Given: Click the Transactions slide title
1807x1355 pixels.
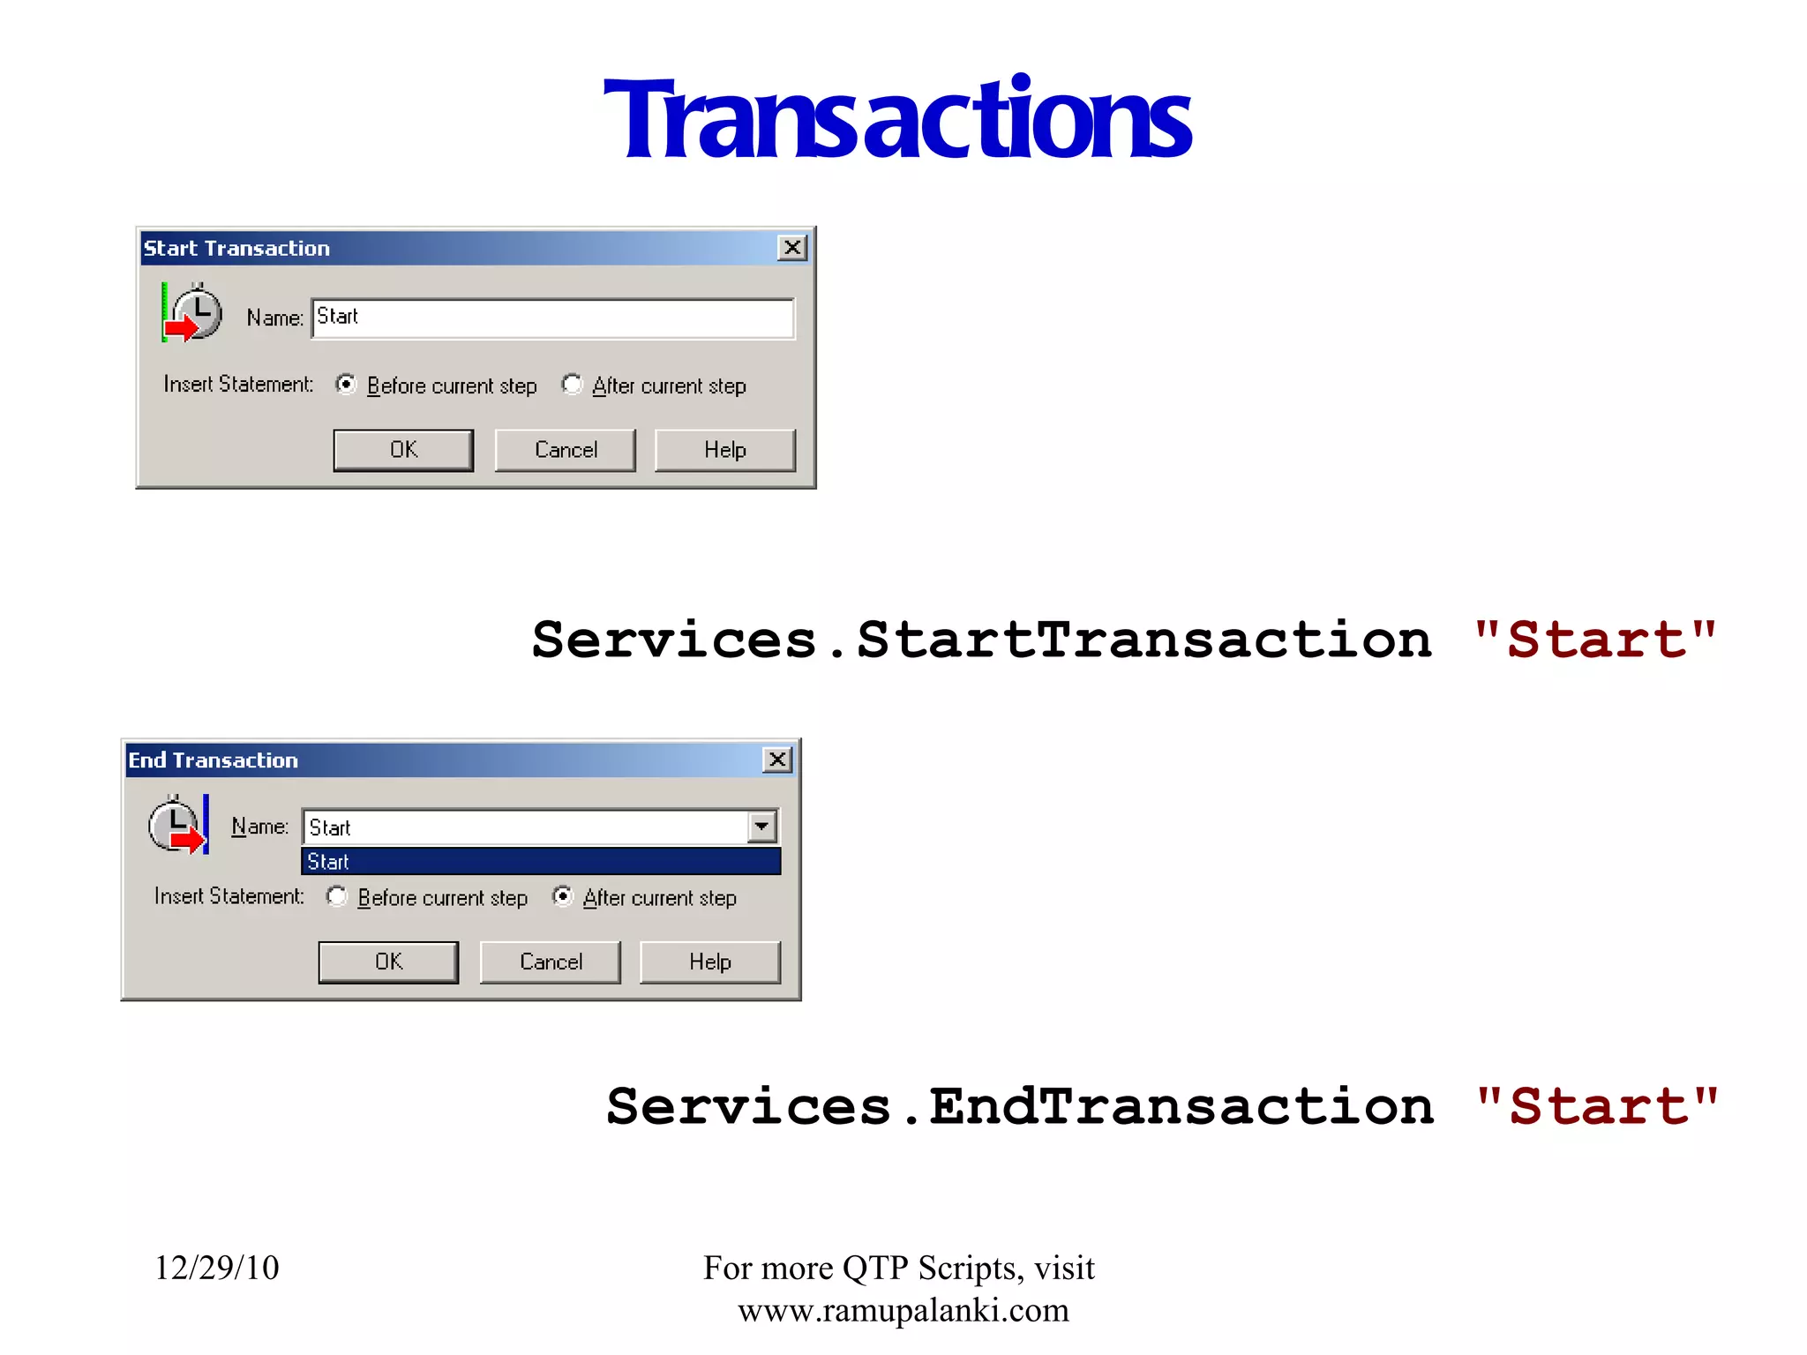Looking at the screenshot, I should tap(897, 119).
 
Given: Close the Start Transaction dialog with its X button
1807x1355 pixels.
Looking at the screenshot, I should tap(792, 248).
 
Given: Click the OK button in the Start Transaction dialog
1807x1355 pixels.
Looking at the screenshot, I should tap(403, 450).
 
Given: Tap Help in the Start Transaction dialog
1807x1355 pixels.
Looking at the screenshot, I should tap(724, 450).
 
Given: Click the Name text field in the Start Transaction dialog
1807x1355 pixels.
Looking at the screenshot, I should tap(553, 318).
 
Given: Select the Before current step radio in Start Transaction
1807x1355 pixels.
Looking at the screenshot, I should tap(346, 385).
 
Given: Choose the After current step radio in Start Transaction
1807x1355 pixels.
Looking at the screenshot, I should tap(573, 385).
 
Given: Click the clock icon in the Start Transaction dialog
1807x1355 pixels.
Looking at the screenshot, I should tap(193, 312).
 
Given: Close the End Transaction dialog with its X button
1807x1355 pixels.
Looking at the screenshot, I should tap(777, 760).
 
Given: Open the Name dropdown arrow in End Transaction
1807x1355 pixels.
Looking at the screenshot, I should tap(761, 827).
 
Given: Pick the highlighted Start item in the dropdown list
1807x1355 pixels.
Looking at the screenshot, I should tap(541, 862).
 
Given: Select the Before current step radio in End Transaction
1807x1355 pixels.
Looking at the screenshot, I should tap(337, 896).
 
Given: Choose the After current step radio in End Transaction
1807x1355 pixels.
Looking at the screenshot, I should tap(563, 896).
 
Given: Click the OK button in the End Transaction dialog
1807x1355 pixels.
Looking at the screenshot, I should tap(388, 962).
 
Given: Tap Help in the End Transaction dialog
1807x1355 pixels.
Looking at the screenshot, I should tap(709, 962).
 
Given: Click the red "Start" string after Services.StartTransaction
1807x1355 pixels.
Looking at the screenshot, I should tap(1595, 640).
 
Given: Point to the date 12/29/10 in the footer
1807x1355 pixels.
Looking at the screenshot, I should tap(217, 1268).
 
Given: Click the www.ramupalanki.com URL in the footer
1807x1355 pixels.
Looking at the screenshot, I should tap(903, 1310).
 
